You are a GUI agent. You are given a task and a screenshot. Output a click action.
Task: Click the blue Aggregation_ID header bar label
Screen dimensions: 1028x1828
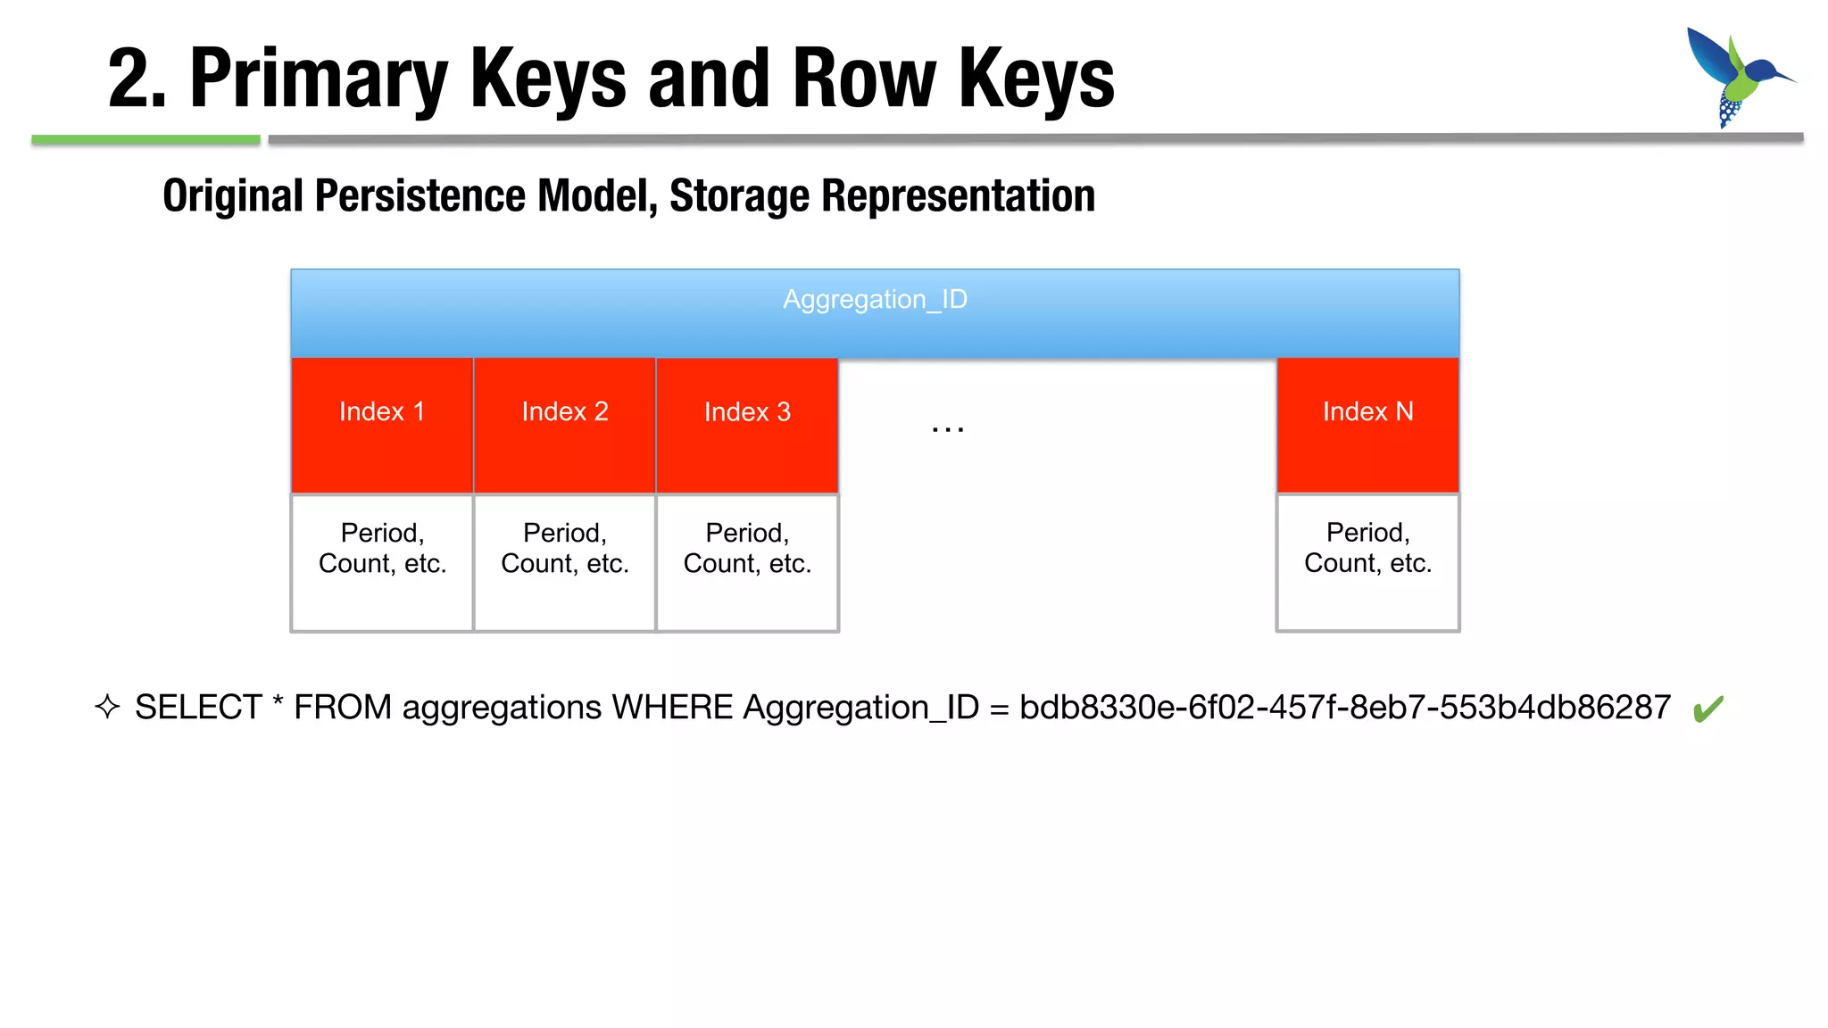(x=875, y=300)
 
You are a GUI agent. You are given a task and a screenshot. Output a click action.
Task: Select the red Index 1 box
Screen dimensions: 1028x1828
(x=382, y=425)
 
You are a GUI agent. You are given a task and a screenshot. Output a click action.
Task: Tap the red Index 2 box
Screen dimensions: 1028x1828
(x=565, y=425)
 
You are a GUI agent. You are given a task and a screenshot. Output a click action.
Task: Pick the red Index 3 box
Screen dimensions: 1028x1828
(x=747, y=425)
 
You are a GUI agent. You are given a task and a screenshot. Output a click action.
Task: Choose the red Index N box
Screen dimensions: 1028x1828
(x=1367, y=425)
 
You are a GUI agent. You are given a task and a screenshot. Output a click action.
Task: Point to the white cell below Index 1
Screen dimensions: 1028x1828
(x=382, y=562)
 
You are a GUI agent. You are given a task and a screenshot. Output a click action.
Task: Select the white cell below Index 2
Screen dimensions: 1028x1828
(x=565, y=562)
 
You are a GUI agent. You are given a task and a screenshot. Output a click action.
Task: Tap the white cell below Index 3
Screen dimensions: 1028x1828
(x=747, y=562)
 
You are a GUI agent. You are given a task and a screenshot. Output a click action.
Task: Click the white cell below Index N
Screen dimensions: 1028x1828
(x=1367, y=562)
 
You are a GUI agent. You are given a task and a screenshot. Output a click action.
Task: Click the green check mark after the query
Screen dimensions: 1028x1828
(x=1708, y=709)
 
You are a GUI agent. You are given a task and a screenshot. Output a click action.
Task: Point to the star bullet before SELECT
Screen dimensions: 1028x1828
(x=107, y=707)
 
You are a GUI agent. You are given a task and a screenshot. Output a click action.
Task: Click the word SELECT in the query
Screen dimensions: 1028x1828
(x=198, y=708)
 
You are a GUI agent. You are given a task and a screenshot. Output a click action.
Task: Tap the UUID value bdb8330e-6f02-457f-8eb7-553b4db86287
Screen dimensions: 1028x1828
(x=1344, y=708)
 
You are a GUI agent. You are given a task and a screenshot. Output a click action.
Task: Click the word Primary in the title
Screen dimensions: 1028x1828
(x=318, y=80)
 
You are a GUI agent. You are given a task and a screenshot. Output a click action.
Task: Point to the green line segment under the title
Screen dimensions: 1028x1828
(x=145, y=140)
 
